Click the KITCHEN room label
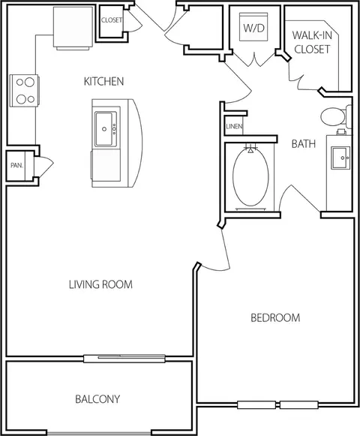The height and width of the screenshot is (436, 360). (103, 82)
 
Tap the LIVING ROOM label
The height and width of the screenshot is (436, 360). (100, 284)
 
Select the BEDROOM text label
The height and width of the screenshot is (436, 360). (275, 317)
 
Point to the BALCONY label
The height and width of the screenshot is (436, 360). (97, 399)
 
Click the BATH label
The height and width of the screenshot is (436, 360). (304, 144)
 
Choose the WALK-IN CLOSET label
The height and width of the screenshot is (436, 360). (312, 42)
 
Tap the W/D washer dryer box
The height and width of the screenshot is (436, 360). (253, 27)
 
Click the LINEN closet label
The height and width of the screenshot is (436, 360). (234, 127)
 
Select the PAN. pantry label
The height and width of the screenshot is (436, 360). (16, 165)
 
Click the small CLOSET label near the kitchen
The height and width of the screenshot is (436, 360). (112, 20)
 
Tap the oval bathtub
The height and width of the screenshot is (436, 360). (250, 177)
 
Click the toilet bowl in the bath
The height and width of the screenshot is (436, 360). (332, 117)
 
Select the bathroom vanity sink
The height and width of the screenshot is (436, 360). (340, 158)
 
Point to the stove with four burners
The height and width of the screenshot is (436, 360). (24, 91)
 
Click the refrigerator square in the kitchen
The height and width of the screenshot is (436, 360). (73, 27)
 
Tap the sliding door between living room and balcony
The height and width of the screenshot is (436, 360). (124, 359)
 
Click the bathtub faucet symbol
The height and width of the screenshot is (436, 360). (250, 149)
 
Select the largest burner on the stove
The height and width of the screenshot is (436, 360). (29, 83)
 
